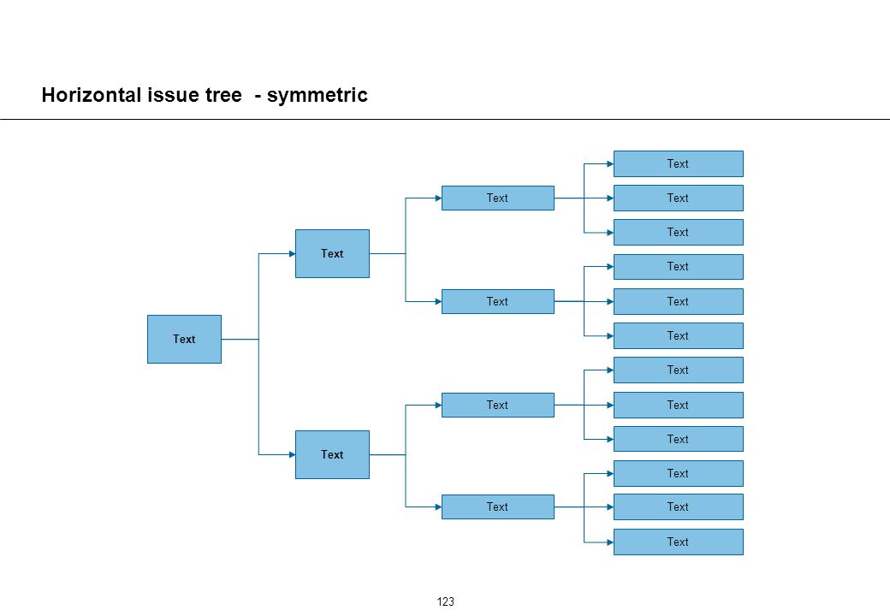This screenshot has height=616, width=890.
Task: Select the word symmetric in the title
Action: [x=317, y=95]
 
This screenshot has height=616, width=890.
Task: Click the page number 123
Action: [x=446, y=601]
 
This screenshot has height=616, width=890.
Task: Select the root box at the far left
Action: [x=185, y=339]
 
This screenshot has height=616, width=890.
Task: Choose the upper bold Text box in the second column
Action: [x=332, y=253]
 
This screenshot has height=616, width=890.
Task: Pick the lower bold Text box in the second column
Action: [x=332, y=454]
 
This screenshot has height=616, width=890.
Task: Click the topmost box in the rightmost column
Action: [x=679, y=164]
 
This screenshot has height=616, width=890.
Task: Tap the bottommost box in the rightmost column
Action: [x=679, y=542]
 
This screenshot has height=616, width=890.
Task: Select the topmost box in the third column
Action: [x=498, y=198]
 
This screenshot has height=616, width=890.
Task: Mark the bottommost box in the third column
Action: [x=498, y=506]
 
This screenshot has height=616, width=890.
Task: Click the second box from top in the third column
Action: [x=498, y=301]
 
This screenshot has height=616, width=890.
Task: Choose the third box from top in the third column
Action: [x=498, y=405]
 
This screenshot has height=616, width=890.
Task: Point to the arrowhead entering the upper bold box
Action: [x=293, y=253]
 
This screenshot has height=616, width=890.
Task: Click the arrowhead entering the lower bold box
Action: [x=293, y=454]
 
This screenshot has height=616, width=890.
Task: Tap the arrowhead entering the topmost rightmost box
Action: [x=610, y=164]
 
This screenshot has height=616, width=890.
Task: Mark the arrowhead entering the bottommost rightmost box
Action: [x=610, y=542]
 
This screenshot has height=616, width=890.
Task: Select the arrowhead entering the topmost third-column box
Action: [x=438, y=198]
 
